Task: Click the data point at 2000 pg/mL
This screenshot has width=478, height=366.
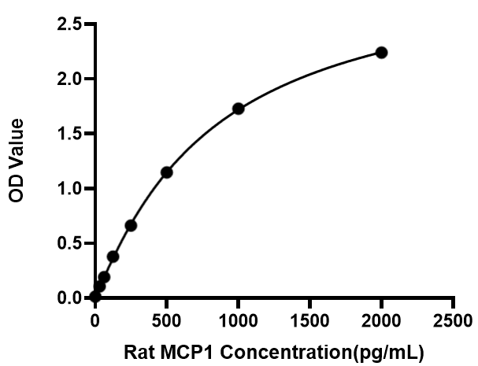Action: [381, 53]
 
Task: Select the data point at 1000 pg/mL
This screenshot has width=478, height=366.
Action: [239, 109]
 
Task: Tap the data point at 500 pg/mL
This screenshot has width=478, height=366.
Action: [167, 172]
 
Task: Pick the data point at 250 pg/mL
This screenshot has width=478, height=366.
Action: [131, 226]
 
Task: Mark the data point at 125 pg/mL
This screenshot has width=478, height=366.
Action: [113, 257]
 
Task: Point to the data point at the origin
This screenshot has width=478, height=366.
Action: [95, 296]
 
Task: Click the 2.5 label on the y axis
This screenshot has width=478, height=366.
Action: [69, 24]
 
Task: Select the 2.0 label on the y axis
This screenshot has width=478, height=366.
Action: [69, 79]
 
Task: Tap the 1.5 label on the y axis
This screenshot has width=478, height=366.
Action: [69, 134]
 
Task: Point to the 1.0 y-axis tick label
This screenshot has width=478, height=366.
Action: [69, 189]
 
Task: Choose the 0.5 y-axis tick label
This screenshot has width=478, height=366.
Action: [69, 243]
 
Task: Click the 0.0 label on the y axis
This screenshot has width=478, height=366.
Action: [69, 298]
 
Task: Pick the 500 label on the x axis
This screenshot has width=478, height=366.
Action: [166, 321]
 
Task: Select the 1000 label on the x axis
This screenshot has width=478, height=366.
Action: [238, 321]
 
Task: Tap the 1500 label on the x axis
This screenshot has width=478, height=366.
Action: [309, 321]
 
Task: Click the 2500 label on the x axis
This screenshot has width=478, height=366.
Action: [453, 321]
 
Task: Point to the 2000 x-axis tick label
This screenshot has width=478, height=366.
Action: [381, 321]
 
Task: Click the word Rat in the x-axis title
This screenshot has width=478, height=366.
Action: [139, 353]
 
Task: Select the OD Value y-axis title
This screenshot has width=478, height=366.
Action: [16, 161]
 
